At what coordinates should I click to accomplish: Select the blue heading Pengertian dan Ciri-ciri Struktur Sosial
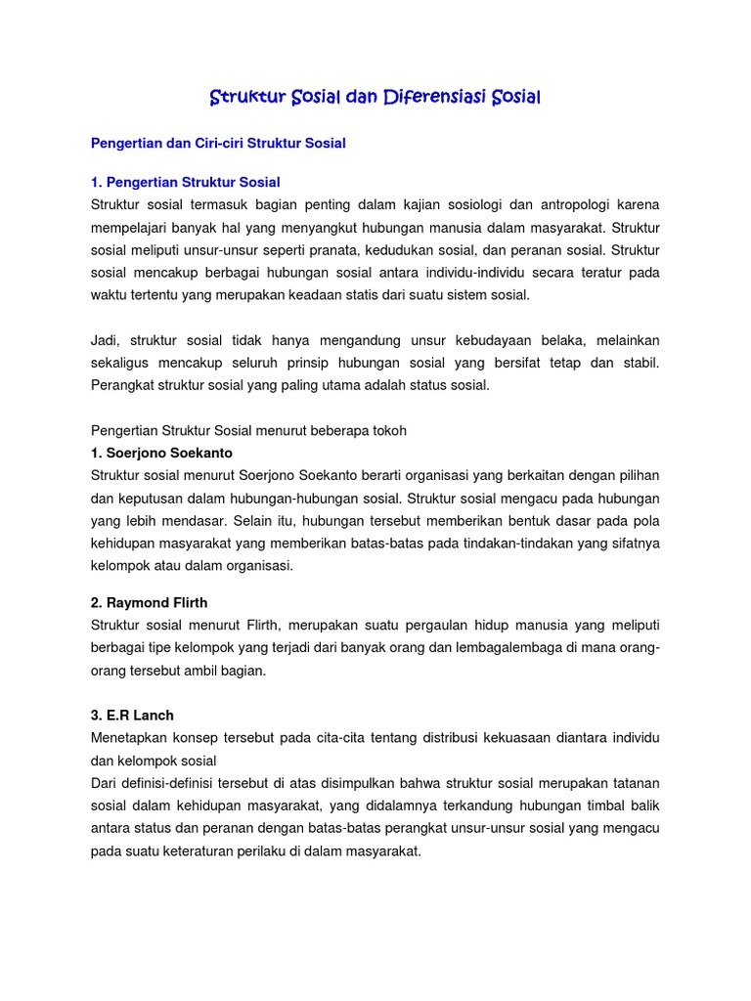click(x=218, y=143)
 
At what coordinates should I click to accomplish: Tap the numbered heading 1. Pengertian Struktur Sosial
click(x=186, y=182)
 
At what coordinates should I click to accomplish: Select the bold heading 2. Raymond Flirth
click(x=152, y=602)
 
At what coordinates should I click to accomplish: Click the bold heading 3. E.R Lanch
click(x=132, y=716)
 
